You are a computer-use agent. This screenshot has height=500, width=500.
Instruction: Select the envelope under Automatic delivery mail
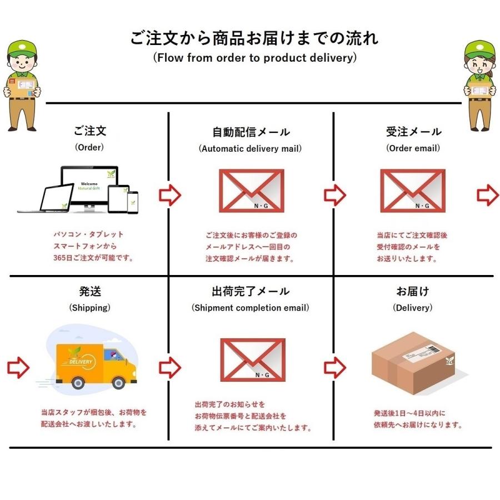[251, 191]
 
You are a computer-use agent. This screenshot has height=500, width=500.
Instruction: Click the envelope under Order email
[412, 191]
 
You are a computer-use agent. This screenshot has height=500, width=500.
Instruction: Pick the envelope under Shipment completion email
[253, 360]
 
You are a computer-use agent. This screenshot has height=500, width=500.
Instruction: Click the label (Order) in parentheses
[89, 148]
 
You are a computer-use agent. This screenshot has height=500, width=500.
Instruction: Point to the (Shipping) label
[89, 307]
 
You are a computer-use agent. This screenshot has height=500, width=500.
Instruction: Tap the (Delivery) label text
[413, 307]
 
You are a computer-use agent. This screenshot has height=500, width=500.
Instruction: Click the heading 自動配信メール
[251, 132]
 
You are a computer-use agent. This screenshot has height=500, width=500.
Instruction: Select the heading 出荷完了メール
[251, 291]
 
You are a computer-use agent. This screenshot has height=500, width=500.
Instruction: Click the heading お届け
[413, 291]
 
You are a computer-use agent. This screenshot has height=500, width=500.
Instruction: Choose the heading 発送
[90, 291]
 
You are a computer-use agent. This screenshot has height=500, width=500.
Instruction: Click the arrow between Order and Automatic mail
[170, 195]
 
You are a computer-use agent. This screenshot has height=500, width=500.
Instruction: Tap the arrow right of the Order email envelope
[487, 195]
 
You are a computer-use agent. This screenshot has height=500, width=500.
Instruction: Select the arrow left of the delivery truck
[18, 367]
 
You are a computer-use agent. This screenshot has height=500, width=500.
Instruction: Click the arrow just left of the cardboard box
[335, 367]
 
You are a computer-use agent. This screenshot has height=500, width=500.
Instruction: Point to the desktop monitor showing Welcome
[89, 186]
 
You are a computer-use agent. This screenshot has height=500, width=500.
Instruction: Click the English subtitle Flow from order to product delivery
[254, 57]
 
